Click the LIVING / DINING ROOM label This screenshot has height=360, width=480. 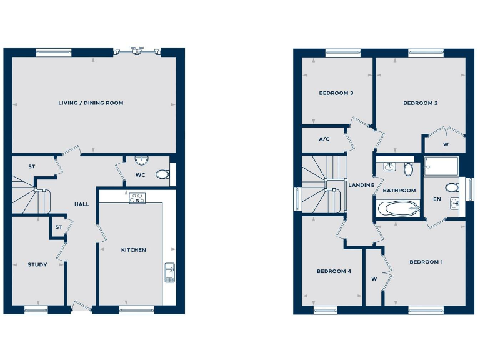click(x=91, y=102)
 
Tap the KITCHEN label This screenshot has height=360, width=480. click(x=133, y=250)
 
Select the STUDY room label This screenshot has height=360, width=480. click(x=37, y=264)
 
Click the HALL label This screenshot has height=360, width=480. click(x=82, y=204)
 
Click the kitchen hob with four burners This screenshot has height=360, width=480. click(x=137, y=199)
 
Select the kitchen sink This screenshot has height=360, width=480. click(x=169, y=272)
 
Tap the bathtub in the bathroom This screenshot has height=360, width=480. click(x=398, y=208)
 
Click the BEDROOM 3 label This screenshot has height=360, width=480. click(x=336, y=93)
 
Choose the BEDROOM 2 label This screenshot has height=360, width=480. click(x=420, y=103)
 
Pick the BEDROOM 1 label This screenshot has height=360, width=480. click(x=426, y=262)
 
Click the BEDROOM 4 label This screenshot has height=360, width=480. click(x=334, y=271)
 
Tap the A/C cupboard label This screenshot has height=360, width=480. click(x=324, y=139)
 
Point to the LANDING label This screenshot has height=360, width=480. click(x=361, y=185)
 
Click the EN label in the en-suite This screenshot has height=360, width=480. click(x=436, y=200)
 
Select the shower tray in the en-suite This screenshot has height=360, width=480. click(x=441, y=166)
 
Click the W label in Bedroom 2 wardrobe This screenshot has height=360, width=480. click(x=446, y=144)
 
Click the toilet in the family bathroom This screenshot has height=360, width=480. click(x=408, y=169)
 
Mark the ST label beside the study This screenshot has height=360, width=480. click(x=58, y=227)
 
